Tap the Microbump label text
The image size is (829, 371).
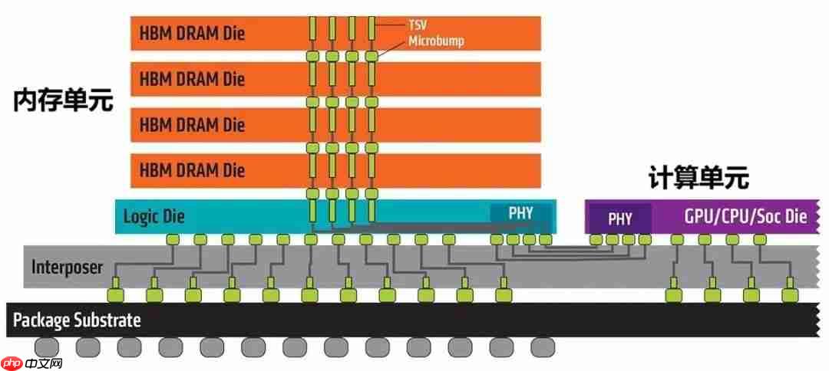point(436,40)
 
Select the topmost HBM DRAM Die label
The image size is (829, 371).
point(192,34)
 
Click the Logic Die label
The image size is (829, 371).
point(154,217)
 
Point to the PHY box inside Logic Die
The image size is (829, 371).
point(520,213)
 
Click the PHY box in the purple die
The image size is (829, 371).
point(619,218)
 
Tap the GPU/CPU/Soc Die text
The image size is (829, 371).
point(745,217)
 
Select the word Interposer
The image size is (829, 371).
point(67,267)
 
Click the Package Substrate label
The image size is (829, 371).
point(77,320)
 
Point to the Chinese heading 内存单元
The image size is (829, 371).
point(63,100)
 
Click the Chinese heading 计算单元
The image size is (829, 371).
point(698,179)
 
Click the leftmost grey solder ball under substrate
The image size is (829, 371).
point(46,346)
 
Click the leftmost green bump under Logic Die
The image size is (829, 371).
point(172,240)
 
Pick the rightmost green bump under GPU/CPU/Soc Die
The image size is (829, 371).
point(760,240)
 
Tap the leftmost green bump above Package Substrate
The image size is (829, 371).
point(114,295)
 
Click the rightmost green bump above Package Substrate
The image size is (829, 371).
point(788,295)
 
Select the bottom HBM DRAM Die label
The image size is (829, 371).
point(192,168)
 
